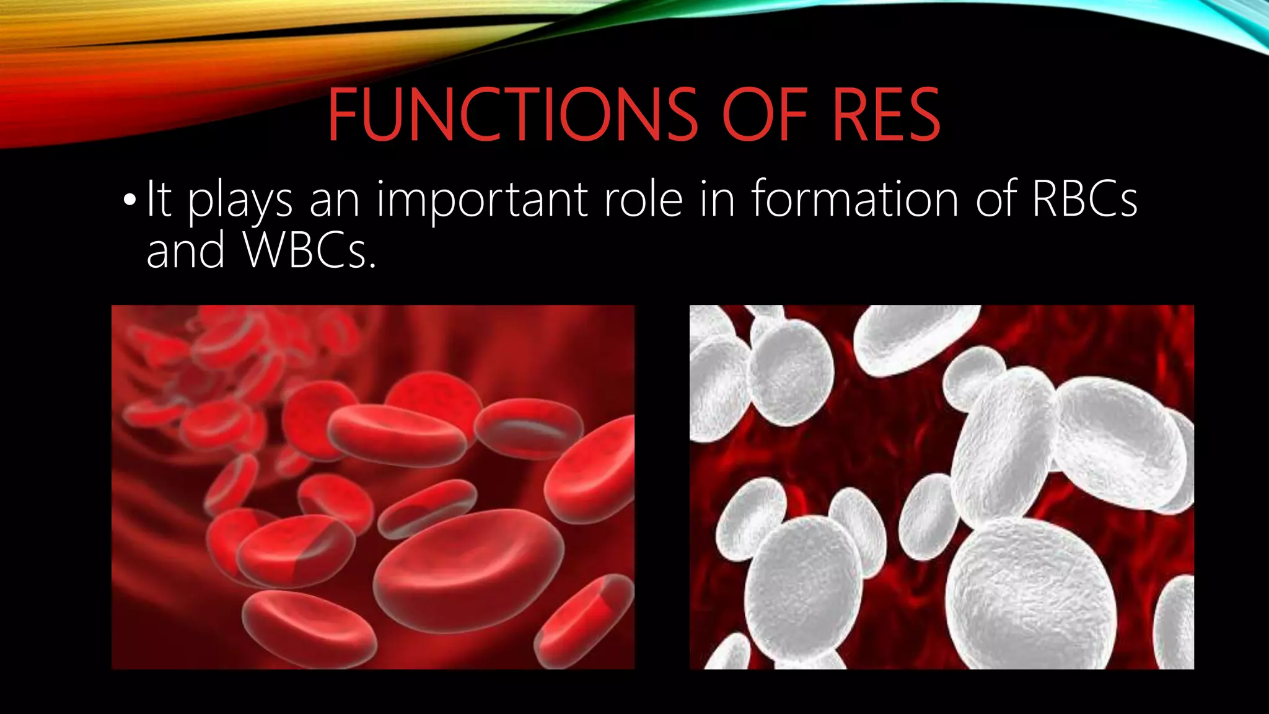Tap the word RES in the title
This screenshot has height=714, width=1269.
point(886,115)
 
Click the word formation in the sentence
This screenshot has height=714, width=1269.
point(855,199)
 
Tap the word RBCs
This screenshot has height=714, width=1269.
point(1084,199)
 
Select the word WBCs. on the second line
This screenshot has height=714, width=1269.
point(310,250)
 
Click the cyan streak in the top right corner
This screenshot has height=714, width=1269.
point(1214,19)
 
